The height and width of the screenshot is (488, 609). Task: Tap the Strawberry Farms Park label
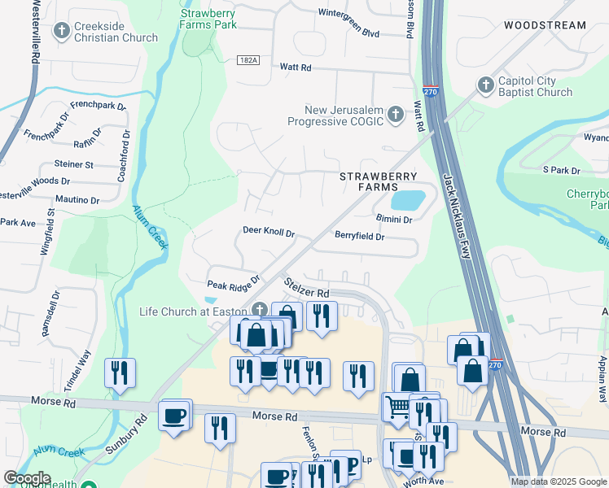208,19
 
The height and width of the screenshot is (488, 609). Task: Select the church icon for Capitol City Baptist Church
485,85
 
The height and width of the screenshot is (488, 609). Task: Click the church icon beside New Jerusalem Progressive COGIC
396,114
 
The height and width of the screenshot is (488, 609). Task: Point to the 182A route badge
249,60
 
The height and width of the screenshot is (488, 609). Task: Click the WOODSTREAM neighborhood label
545,25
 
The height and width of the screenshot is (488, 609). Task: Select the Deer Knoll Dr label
269,232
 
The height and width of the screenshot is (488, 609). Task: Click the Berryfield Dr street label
359,236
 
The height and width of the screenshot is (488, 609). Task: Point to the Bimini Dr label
394,219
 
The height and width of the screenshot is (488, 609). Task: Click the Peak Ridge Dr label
233,285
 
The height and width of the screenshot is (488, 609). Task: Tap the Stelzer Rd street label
306,288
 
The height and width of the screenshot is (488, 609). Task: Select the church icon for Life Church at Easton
260,309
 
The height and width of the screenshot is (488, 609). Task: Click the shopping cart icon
397,405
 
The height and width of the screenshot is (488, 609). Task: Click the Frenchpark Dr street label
98,106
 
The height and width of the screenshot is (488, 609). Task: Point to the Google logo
26,478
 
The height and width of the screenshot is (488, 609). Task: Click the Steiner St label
74,164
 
